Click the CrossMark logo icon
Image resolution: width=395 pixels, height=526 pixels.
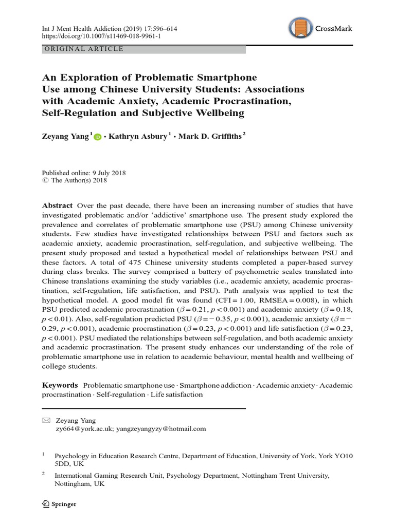[x=302, y=29]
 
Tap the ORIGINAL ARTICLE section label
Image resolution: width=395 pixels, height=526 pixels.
[x=85, y=49]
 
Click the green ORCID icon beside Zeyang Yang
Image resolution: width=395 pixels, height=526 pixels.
[x=98, y=138]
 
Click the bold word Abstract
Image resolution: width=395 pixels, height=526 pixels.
[x=57, y=205]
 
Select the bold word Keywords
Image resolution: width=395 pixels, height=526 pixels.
[x=60, y=385]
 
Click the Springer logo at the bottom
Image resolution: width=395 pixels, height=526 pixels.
[x=58, y=504]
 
